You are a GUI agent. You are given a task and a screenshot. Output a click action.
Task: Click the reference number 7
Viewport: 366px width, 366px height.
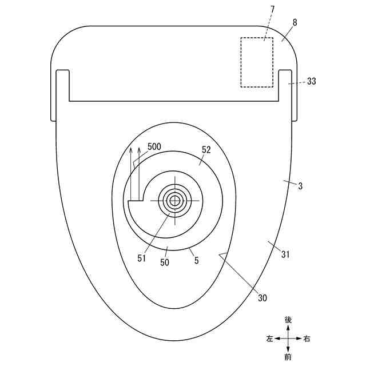click(273, 10)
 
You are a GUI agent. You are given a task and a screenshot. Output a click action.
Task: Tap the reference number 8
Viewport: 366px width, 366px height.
click(295, 22)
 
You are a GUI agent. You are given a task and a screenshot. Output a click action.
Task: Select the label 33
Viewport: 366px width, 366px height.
click(311, 81)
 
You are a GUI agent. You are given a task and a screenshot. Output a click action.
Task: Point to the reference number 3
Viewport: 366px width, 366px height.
click(300, 186)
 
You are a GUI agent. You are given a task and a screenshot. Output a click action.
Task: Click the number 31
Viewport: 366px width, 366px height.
click(285, 254)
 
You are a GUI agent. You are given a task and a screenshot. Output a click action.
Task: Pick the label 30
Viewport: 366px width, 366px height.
click(262, 298)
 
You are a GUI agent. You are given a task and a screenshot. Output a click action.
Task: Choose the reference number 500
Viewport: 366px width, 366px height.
click(154, 146)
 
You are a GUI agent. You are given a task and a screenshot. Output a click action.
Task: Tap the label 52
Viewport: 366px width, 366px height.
click(206, 150)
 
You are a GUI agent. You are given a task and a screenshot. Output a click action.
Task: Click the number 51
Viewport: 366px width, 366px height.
click(141, 258)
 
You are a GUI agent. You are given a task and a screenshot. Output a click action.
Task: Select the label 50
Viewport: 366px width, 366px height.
click(165, 262)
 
